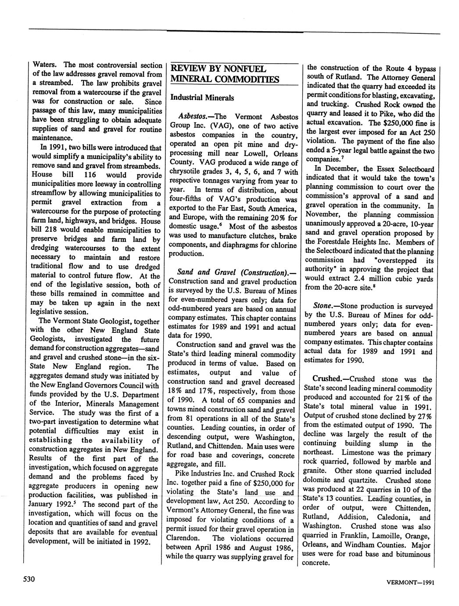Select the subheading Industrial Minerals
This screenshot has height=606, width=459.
point(202,97)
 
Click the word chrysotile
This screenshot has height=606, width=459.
point(186,172)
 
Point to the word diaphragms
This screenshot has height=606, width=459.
point(239,245)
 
